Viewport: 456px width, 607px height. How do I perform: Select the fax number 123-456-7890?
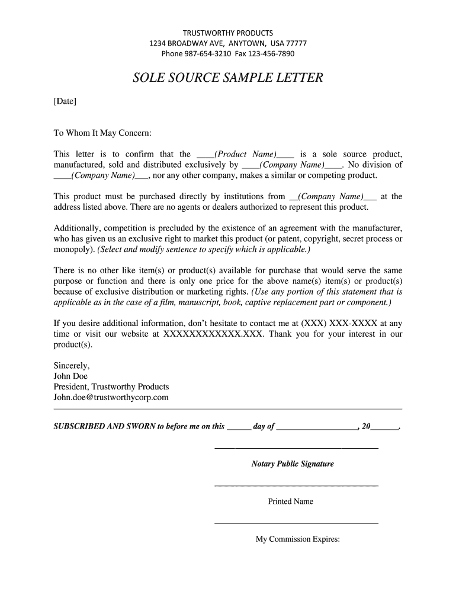tap(272, 54)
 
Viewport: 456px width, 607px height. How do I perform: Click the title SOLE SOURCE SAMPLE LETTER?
tap(228, 78)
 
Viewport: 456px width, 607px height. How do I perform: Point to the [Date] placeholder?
tap(65, 101)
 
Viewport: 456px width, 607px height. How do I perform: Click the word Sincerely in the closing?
tap(72, 366)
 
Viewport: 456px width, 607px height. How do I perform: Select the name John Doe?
tap(70, 376)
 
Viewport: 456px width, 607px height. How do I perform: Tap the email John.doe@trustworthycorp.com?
tap(111, 397)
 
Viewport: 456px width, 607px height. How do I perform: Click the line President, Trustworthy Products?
tap(111, 386)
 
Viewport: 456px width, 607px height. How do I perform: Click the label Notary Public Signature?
tap(293, 464)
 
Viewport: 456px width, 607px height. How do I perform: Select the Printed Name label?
tap(291, 501)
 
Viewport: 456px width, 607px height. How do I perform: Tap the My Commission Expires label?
tap(297, 539)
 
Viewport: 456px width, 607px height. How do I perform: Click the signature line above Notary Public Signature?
tap(296, 448)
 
